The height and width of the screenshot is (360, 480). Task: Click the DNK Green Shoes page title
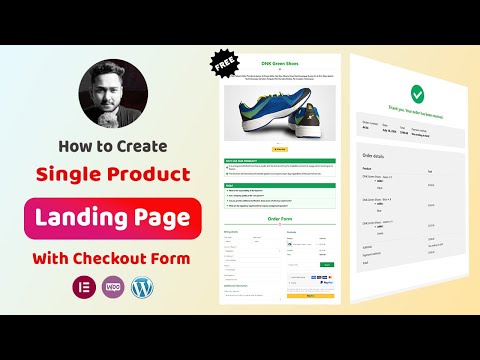pyautogui.click(x=281, y=63)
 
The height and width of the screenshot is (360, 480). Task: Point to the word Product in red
pyautogui.click(x=149, y=175)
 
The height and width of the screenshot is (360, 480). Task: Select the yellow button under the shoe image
pyautogui.click(x=281, y=149)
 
